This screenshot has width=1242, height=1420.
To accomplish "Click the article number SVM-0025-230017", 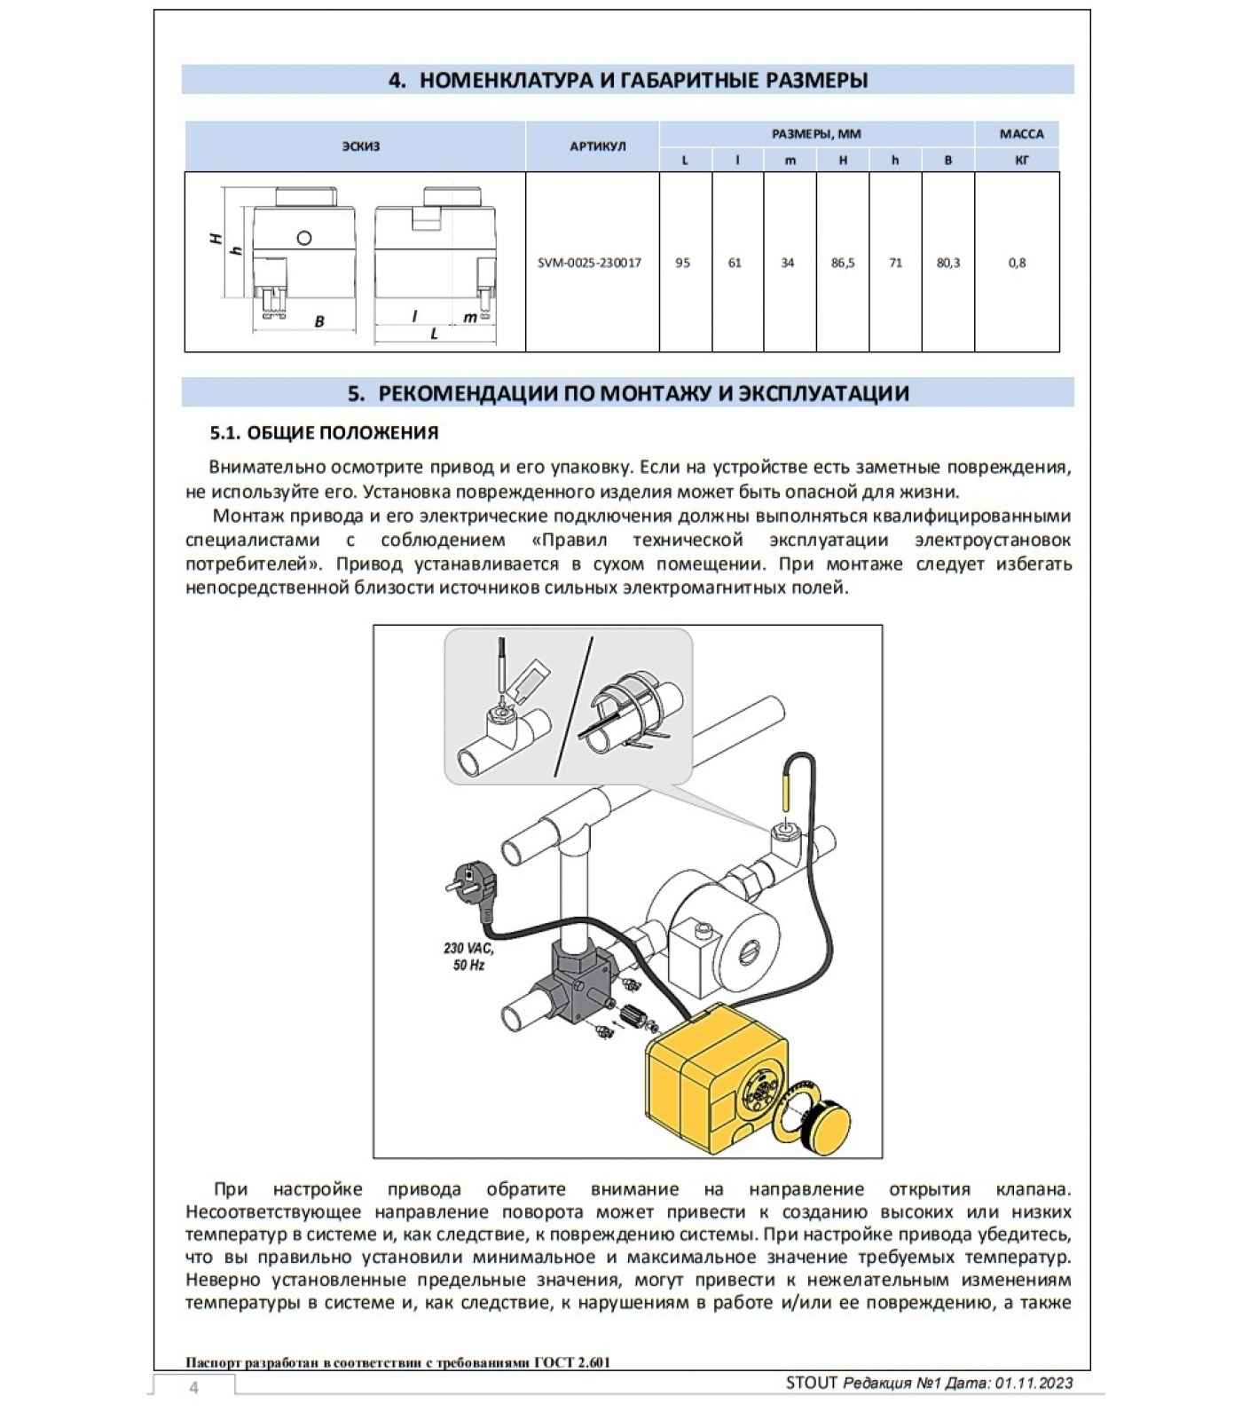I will click(589, 263).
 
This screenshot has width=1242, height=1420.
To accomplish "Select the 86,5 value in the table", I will click(843, 263).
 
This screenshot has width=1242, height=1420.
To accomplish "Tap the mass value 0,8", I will click(1017, 263).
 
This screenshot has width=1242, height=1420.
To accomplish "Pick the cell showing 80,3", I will click(947, 263).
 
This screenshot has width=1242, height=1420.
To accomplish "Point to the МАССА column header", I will click(1021, 134).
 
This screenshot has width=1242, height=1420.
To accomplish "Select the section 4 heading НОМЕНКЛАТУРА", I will click(627, 80).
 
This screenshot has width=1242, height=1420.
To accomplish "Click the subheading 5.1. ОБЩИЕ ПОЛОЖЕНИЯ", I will click(324, 433).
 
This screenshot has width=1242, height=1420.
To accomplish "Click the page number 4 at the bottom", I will click(193, 1388).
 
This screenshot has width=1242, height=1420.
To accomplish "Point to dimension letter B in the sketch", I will click(319, 322).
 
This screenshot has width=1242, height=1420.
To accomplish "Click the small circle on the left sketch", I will click(304, 237).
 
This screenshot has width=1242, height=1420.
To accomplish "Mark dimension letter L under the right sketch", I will click(434, 334).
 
